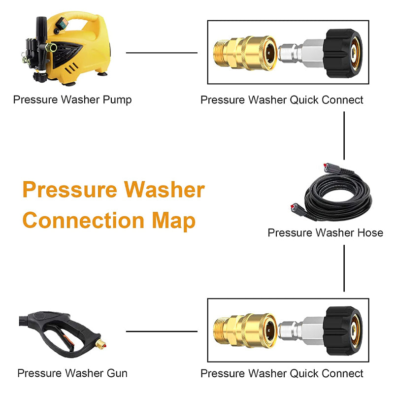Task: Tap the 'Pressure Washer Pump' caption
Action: [x=72, y=100]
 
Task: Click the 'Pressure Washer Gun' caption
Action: [x=72, y=373]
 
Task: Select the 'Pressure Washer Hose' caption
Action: [x=325, y=232]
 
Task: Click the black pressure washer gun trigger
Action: [x=69, y=340]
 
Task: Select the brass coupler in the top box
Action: [x=246, y=53]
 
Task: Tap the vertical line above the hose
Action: [x=344, y=135]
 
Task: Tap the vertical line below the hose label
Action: [x=344, y=268]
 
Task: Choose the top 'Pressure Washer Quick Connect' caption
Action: [x=282, y=100]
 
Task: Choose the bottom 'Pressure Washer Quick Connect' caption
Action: [x=282, y=373]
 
